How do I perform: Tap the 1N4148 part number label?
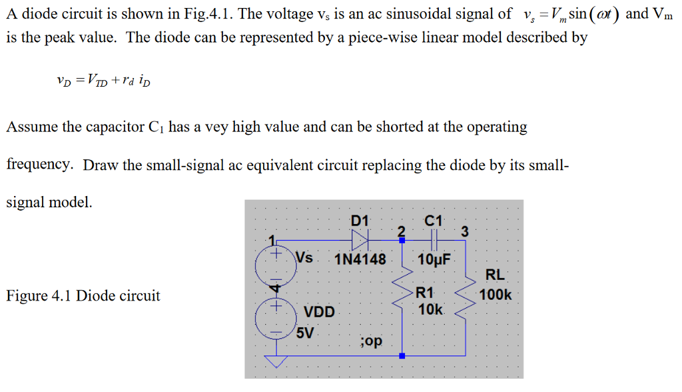(x=360, y=259)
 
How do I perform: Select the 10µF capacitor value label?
(x=434, y=259)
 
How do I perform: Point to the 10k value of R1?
(x=430, y=310)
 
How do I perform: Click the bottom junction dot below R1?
(x=401, y=355)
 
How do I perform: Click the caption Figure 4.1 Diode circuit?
(x=83, y=296)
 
